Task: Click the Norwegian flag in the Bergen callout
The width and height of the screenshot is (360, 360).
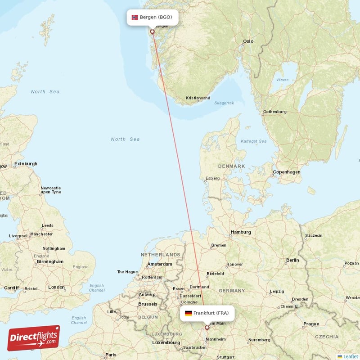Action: (x=135, y=18)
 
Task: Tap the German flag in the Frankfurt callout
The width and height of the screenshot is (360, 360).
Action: (x=188, y=313)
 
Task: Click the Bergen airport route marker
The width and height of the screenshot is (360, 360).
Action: (x=152, y=31)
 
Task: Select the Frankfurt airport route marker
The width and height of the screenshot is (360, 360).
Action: (x=207, y=328)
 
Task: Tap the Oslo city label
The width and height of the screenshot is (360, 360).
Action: (x=248, y=41)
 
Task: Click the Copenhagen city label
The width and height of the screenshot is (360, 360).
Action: (x=286, y=172)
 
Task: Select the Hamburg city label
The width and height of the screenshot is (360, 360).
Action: (x=240, y=233)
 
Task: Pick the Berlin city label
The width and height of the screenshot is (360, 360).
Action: (x=292, y=260)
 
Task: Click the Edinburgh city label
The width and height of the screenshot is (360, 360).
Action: (x=26, y=164)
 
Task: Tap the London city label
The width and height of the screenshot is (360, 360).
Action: (x=56, y=287)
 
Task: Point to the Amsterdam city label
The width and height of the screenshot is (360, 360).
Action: (x=159, y=264)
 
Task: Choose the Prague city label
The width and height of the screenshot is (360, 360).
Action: (x=311, y=324)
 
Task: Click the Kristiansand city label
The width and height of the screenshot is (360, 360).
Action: (x=198, y=98)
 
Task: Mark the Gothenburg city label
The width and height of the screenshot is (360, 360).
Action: (x=274, y=112)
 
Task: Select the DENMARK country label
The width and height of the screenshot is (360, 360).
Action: (x=231, y=166)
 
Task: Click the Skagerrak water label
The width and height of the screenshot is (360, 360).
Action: (x=224, y=103)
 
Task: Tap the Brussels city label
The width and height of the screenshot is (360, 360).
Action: (x=148, y=304)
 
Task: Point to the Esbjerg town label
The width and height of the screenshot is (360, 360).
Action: (x=212, y=178)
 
